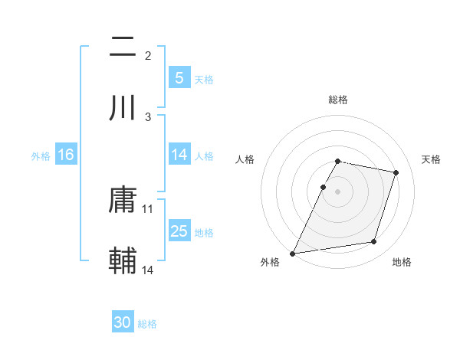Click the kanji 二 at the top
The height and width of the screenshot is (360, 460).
pos(123,48)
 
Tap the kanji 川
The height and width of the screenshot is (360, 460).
pos(123,109)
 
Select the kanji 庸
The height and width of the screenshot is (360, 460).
pos(123,201)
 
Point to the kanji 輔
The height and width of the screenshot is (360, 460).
pos(123,261)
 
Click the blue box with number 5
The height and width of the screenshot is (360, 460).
pos(179,77)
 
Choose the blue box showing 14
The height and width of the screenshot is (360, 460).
pos(179,155)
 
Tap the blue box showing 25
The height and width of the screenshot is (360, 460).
pos(179,231)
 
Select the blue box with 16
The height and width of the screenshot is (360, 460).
pos(65,155)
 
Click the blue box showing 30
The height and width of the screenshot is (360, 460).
pos(123,322)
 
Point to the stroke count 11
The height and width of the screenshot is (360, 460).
pos(148,208)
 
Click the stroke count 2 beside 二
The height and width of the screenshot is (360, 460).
pos(148,55)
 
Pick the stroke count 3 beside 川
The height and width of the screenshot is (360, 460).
pos(148,116)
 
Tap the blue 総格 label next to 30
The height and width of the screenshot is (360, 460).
pos(148,324)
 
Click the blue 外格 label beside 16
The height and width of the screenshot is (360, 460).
pos(41,155)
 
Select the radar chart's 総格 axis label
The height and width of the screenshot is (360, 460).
pos(338,100)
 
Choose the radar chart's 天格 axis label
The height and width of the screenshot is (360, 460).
pos(432,159)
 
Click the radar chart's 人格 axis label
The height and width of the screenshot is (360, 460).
pos(245,159)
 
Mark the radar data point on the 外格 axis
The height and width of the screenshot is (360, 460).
pos(293,253)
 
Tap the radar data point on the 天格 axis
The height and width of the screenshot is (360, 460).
pos(396,173)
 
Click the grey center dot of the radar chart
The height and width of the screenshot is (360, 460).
pos(338,191)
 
